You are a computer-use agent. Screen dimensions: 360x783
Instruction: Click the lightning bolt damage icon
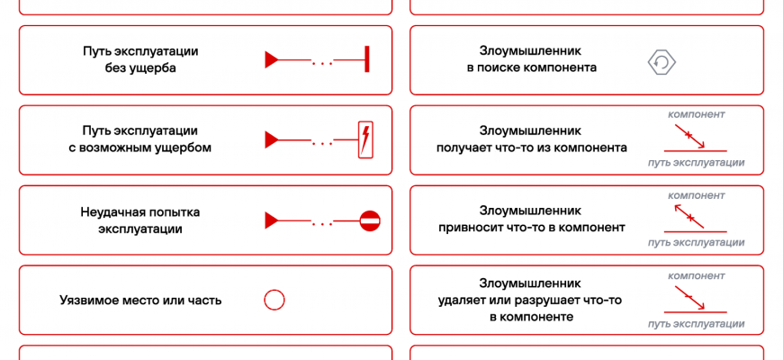pos(365,139)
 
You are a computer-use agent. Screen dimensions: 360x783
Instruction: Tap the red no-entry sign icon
pos(370,220)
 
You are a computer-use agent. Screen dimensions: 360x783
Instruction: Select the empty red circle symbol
pos(274,301)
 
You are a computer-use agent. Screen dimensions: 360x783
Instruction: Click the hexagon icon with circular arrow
pos(662,61)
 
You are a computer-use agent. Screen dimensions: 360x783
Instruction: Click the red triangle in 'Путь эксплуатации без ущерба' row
pos(271,60)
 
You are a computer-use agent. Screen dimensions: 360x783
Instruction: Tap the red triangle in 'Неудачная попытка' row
pos(271,220)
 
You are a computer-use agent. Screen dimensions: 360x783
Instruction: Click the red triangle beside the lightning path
pos(271,140)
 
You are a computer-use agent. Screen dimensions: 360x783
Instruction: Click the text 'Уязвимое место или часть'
pos(140,301)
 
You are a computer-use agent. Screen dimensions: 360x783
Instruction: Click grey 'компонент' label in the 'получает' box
pos(697,114)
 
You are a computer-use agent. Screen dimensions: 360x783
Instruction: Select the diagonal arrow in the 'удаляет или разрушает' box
pos(689,296)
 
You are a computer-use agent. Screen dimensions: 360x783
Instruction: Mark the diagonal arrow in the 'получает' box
pos(689,136)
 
